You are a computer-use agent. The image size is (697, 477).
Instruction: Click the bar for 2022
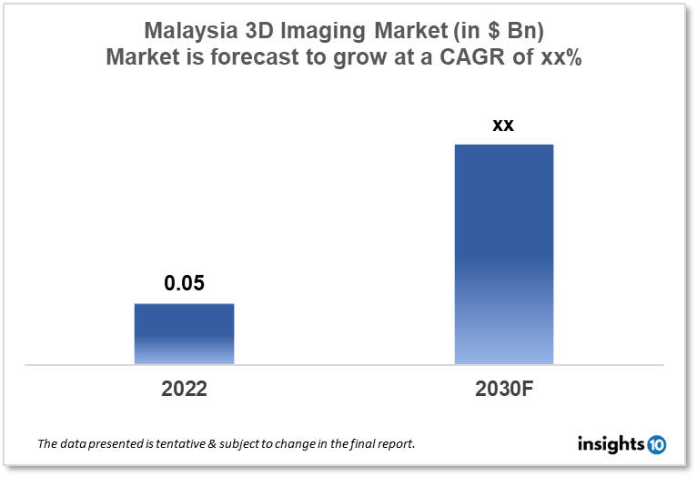pyautogui.click(x=184, y=333)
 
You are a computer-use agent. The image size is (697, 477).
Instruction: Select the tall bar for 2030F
pyautogui.click(x=503, y=254)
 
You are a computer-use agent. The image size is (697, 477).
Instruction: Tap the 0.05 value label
pyautogui.click(x=184, y=283)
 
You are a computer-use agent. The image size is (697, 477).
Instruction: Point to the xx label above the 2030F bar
pyautogui.click(x=503, y=125)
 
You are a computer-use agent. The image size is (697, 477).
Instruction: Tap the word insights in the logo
pyautogui.click(x=611, y=444)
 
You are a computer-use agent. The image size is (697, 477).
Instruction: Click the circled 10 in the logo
pyautogui.click(x=656, y=444)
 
